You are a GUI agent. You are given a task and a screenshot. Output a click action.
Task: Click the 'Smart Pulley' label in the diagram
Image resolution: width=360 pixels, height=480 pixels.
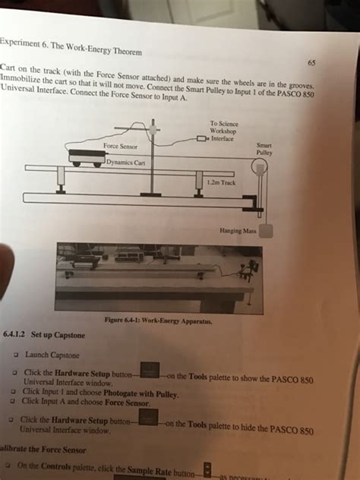tap(265, 147)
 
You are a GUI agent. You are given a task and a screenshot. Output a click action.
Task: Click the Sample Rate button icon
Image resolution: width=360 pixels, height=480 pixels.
tap(207, 469)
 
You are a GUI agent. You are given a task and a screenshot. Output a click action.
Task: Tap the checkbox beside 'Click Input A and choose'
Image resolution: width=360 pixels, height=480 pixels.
tap(14, 402)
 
